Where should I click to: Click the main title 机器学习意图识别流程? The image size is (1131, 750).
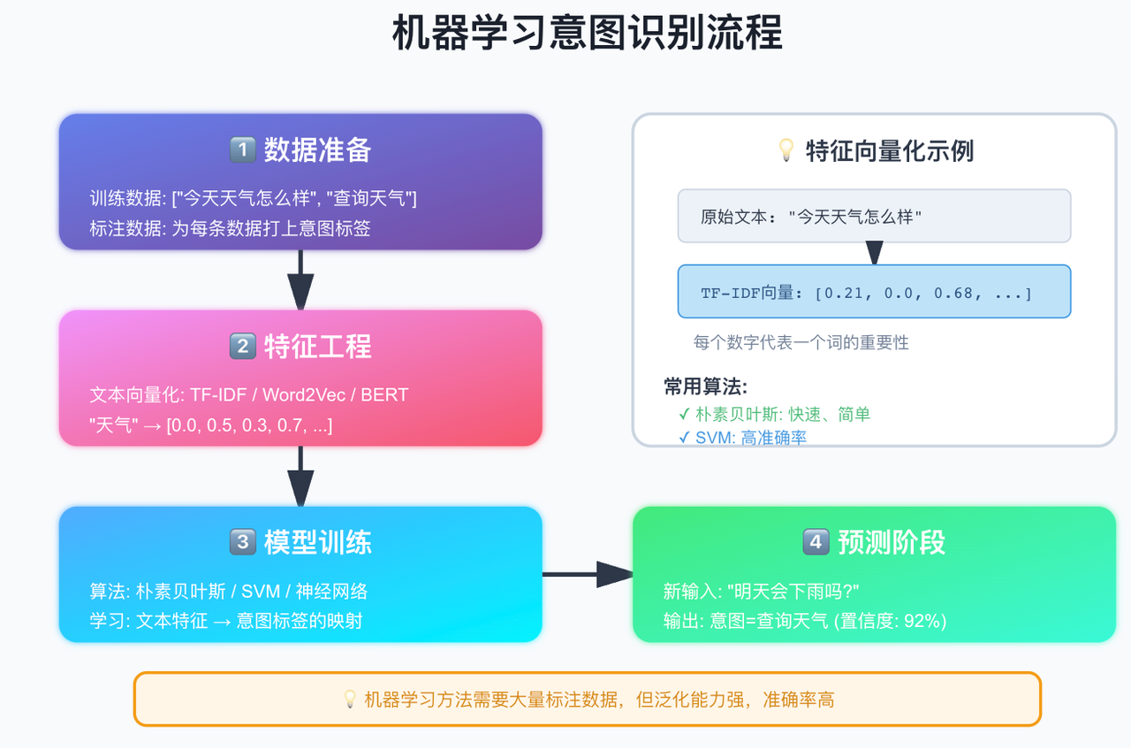click(x=588, y=33)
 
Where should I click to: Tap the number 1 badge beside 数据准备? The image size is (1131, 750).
click(x=242, y=149)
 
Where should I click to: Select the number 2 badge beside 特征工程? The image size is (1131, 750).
click(x=242, y=346)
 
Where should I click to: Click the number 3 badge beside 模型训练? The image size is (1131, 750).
click(x=242, y=542)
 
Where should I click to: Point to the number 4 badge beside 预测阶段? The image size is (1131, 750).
click(x=816, y=542)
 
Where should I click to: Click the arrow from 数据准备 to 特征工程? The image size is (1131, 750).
click(x=300, y=279)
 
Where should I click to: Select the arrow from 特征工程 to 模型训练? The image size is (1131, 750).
click(x=300, y=476)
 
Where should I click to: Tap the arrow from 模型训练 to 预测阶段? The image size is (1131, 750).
click(x=588, y=574)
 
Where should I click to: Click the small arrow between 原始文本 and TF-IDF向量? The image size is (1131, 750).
click(x=875, y=253)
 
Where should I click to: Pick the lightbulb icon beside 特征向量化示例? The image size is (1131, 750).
click(x=786, y=150)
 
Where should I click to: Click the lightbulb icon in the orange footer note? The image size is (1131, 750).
click(x=349, y=700)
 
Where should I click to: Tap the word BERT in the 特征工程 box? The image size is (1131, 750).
click(x=384, y=394)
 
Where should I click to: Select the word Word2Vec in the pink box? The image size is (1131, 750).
click(x=304, y=394)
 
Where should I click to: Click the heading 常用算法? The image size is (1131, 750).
click(x=705, y=386)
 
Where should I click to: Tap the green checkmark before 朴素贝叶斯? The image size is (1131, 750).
click(x=684, y=415)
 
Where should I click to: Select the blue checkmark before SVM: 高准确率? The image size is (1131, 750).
click(x=684, y=437)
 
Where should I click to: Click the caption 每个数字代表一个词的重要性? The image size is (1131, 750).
click(x=801, y=342)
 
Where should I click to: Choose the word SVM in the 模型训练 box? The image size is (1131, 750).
click(x=261, y=592)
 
